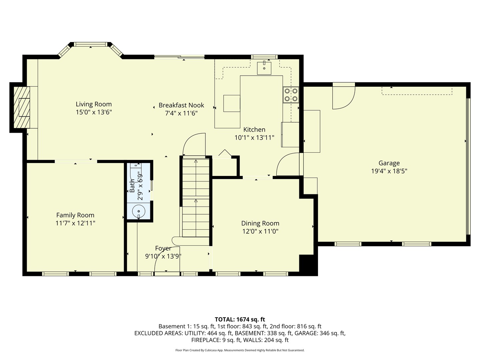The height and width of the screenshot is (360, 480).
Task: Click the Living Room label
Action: pyautogui.click(x=94, y=104)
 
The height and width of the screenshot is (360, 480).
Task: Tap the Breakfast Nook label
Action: pyautogui.click(x=181, y=105)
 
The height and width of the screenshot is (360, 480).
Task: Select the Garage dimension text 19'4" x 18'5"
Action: pyautogui.click(x=389, y=171)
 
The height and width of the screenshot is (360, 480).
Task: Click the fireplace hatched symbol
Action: pyautogui.click(x=22, y=107)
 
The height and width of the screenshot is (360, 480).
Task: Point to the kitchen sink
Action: pyautogui.click(x=264, y=68)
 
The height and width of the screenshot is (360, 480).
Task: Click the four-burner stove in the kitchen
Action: pyautogui.click(x=291, y=95)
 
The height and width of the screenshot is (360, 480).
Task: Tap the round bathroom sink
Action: pyautogui.click(x=139, y=211)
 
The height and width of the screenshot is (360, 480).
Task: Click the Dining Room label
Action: pyautogui.click(x=260, y=223)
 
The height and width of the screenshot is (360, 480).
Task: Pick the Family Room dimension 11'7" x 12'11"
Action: pyautogui.click(x=75, y=223)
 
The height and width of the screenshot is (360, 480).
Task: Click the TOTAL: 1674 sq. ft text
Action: pyautogui.click(x=240, y=320)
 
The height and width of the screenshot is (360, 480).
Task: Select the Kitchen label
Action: pyautogui.click(x=254, y=130)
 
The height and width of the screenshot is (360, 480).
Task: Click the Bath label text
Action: pyautogui.click(x=132, y=186)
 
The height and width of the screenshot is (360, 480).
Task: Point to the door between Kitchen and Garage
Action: pyautogui.click(x=289, y=164)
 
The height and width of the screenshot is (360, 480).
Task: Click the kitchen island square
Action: pyautogui.click(x=232, y=103)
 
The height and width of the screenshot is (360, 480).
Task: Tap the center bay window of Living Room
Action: pyautogui.click(x=91, y=44)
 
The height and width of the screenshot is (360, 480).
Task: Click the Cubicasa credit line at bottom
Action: pyautogui.click(x=240, y=350)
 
